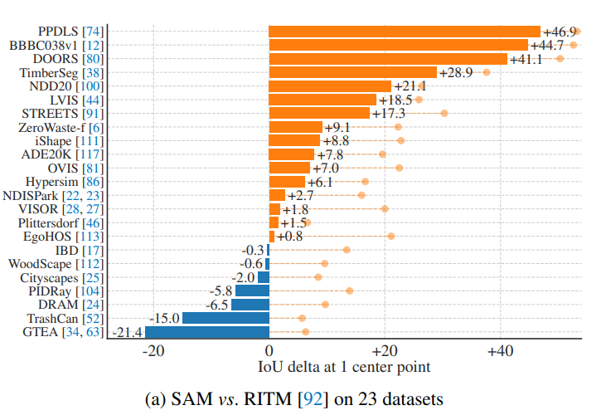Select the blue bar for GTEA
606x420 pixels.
206,332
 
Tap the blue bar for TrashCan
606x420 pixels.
225,318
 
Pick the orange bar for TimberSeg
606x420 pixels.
352,72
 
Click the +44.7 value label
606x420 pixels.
547,45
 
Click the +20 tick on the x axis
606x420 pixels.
384,350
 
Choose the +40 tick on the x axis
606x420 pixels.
499,350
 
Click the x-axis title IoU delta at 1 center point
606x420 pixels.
345,366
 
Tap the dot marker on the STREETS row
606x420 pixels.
444,113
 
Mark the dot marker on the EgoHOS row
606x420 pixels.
390,237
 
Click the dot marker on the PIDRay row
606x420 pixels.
349,291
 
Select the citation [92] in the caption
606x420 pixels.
320,400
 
